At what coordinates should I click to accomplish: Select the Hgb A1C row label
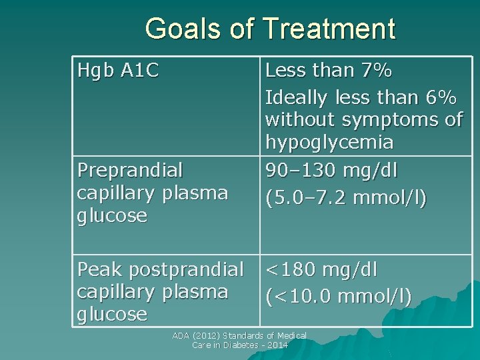click(x=118, y=70)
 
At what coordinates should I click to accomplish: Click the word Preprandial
click(x=130, y=170)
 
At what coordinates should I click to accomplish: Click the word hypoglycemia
click(x=329, y=142)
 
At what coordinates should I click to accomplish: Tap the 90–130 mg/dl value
click(x=331, y=170)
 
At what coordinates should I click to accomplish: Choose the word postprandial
click(x=187, y=270)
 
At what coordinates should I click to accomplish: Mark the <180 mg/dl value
click(x=321, y=270)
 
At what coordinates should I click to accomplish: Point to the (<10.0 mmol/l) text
click(x=339, y=295)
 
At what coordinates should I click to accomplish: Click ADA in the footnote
click(x=181, y=336)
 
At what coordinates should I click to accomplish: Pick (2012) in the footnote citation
click(x=205, y=336)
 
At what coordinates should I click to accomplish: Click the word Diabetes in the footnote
click(x=241, y=345)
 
